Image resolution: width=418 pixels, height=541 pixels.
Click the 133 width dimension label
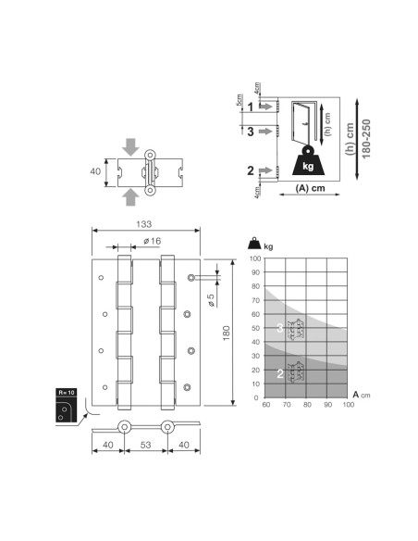click(x=143, y=224)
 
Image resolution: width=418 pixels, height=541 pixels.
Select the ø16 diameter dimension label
click(x=153, y=241)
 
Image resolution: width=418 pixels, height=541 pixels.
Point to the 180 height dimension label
click(x=227, y=333)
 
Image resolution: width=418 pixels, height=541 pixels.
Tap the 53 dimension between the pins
click(x=145, y=445)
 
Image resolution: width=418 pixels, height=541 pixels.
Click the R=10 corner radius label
click(x=66, y=392)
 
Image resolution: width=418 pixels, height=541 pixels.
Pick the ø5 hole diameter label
click(x=211, y=300)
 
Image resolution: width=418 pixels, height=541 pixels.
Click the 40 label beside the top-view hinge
click(x=95, y=171)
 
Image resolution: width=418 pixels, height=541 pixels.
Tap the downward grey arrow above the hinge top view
click(x=130, y=147)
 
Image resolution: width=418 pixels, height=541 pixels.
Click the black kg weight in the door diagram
click(x=308, y=161)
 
